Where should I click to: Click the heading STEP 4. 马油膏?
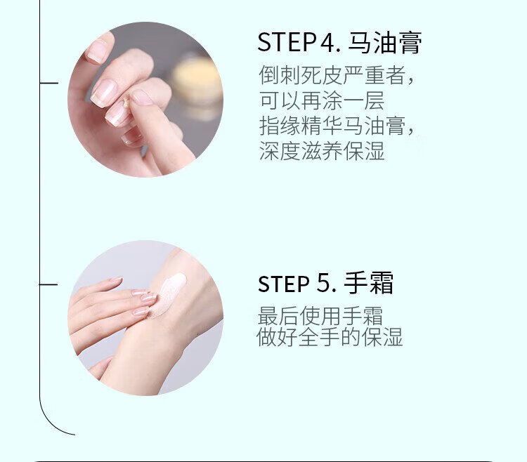339,43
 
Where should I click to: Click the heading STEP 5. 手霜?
325,284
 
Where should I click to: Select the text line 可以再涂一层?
322,100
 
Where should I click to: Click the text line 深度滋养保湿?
322,151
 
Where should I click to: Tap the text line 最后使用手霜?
320,316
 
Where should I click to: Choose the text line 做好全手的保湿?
330,337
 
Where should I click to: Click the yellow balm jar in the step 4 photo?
197,81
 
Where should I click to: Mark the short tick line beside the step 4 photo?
49,83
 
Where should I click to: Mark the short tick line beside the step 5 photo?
48,284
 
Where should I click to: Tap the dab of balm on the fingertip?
126,102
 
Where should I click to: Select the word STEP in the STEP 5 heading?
283,284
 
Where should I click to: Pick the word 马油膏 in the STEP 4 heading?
384,43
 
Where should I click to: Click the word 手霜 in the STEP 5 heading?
368,284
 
